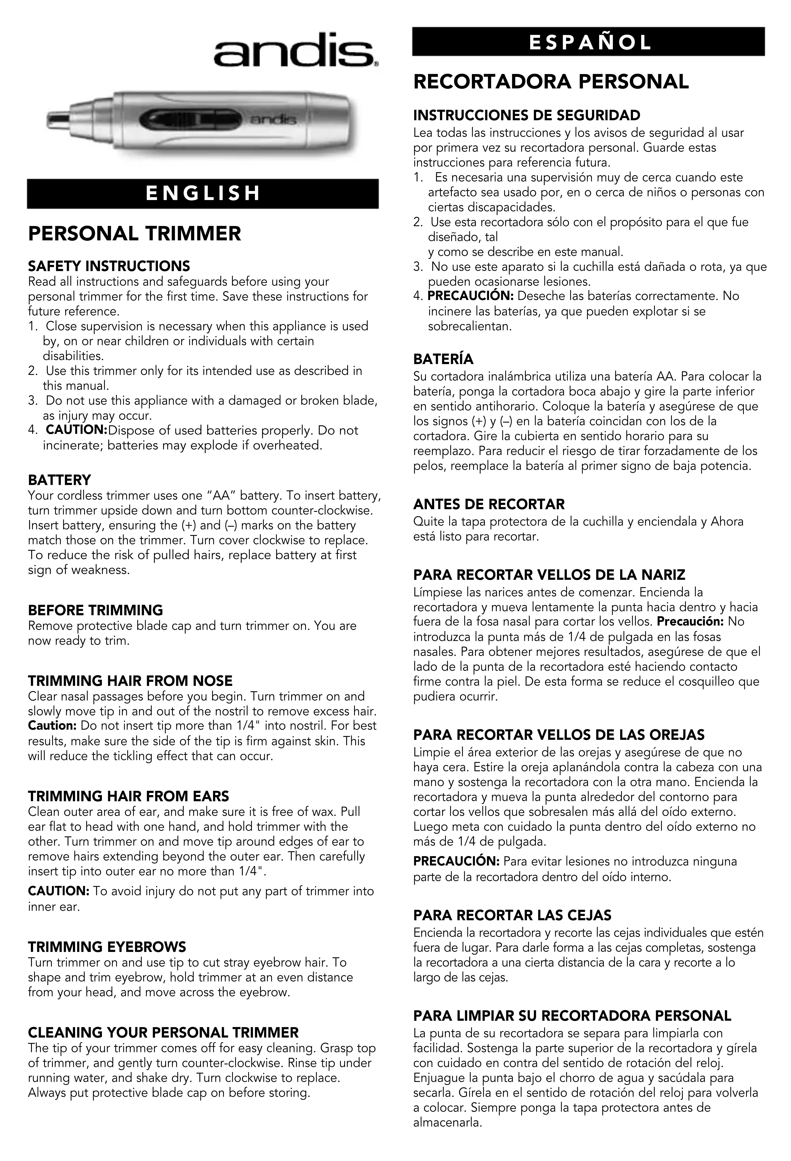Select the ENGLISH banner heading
(x=202, y=193)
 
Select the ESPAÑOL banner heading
(x=588, y=42)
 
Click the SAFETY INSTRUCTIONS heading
(x=109, y=266)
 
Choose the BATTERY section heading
(x=60, y=480)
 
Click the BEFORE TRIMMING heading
(x=95, y=610)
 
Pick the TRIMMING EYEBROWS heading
(x=107, y=947)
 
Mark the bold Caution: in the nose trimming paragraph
(x=52, y=725)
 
